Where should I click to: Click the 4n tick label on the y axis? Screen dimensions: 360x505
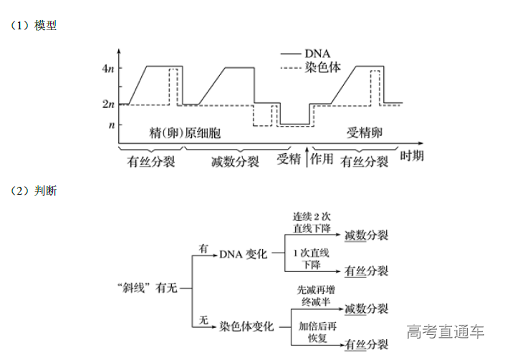107,68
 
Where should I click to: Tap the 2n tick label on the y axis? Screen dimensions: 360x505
107,104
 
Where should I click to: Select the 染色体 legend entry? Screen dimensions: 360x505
322,67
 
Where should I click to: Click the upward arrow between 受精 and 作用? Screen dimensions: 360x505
306,158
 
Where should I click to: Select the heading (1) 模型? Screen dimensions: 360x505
34,26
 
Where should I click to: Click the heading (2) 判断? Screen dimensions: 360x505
34,191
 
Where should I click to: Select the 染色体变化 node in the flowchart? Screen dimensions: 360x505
246,326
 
